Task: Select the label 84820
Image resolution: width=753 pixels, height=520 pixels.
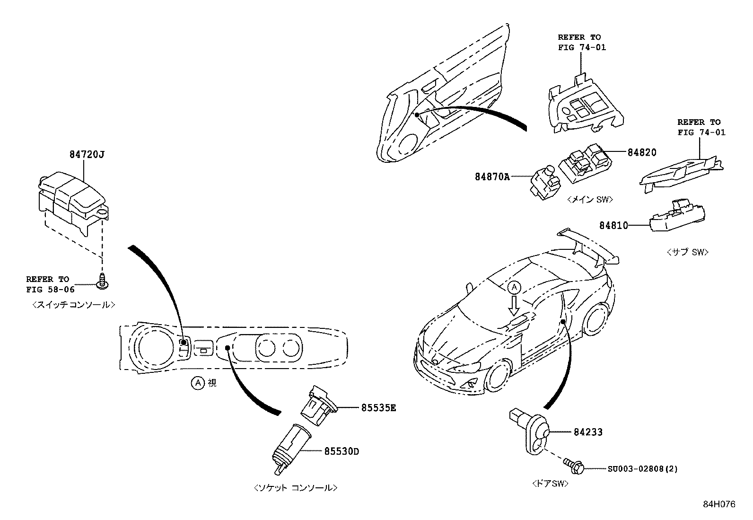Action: (642, 152)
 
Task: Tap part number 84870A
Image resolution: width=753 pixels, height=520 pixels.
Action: (492, 177)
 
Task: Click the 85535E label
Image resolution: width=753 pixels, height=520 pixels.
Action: (378, 407)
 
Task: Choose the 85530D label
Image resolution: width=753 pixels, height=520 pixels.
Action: (341, 451)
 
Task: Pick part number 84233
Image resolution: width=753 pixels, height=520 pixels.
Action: (588, 432)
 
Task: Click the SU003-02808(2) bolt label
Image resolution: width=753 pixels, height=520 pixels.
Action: (642, 469)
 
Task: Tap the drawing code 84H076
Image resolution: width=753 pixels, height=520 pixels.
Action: (719, 504)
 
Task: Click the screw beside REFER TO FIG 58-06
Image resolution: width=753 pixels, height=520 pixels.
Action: (101, 283)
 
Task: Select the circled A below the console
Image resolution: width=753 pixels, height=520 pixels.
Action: (197, 383)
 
